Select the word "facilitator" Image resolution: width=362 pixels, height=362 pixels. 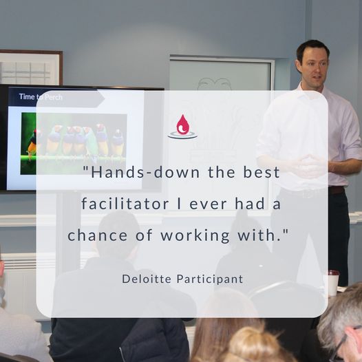tap(125, 204)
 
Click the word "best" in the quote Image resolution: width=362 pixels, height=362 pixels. tap(262, 172)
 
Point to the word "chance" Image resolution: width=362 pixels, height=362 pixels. tap(98, 235)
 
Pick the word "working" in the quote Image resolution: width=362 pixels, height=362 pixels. tap(195, 235)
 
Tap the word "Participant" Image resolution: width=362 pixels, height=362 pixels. tap(210, 279)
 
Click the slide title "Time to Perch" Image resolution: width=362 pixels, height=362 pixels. tap(41, 97)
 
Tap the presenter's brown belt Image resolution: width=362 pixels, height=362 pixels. tap(337, 190)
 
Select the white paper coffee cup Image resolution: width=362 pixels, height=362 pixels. tap(333, 282)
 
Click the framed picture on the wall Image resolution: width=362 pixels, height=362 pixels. tap(31, 67)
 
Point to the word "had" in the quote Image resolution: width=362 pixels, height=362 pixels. tap(250, 204)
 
